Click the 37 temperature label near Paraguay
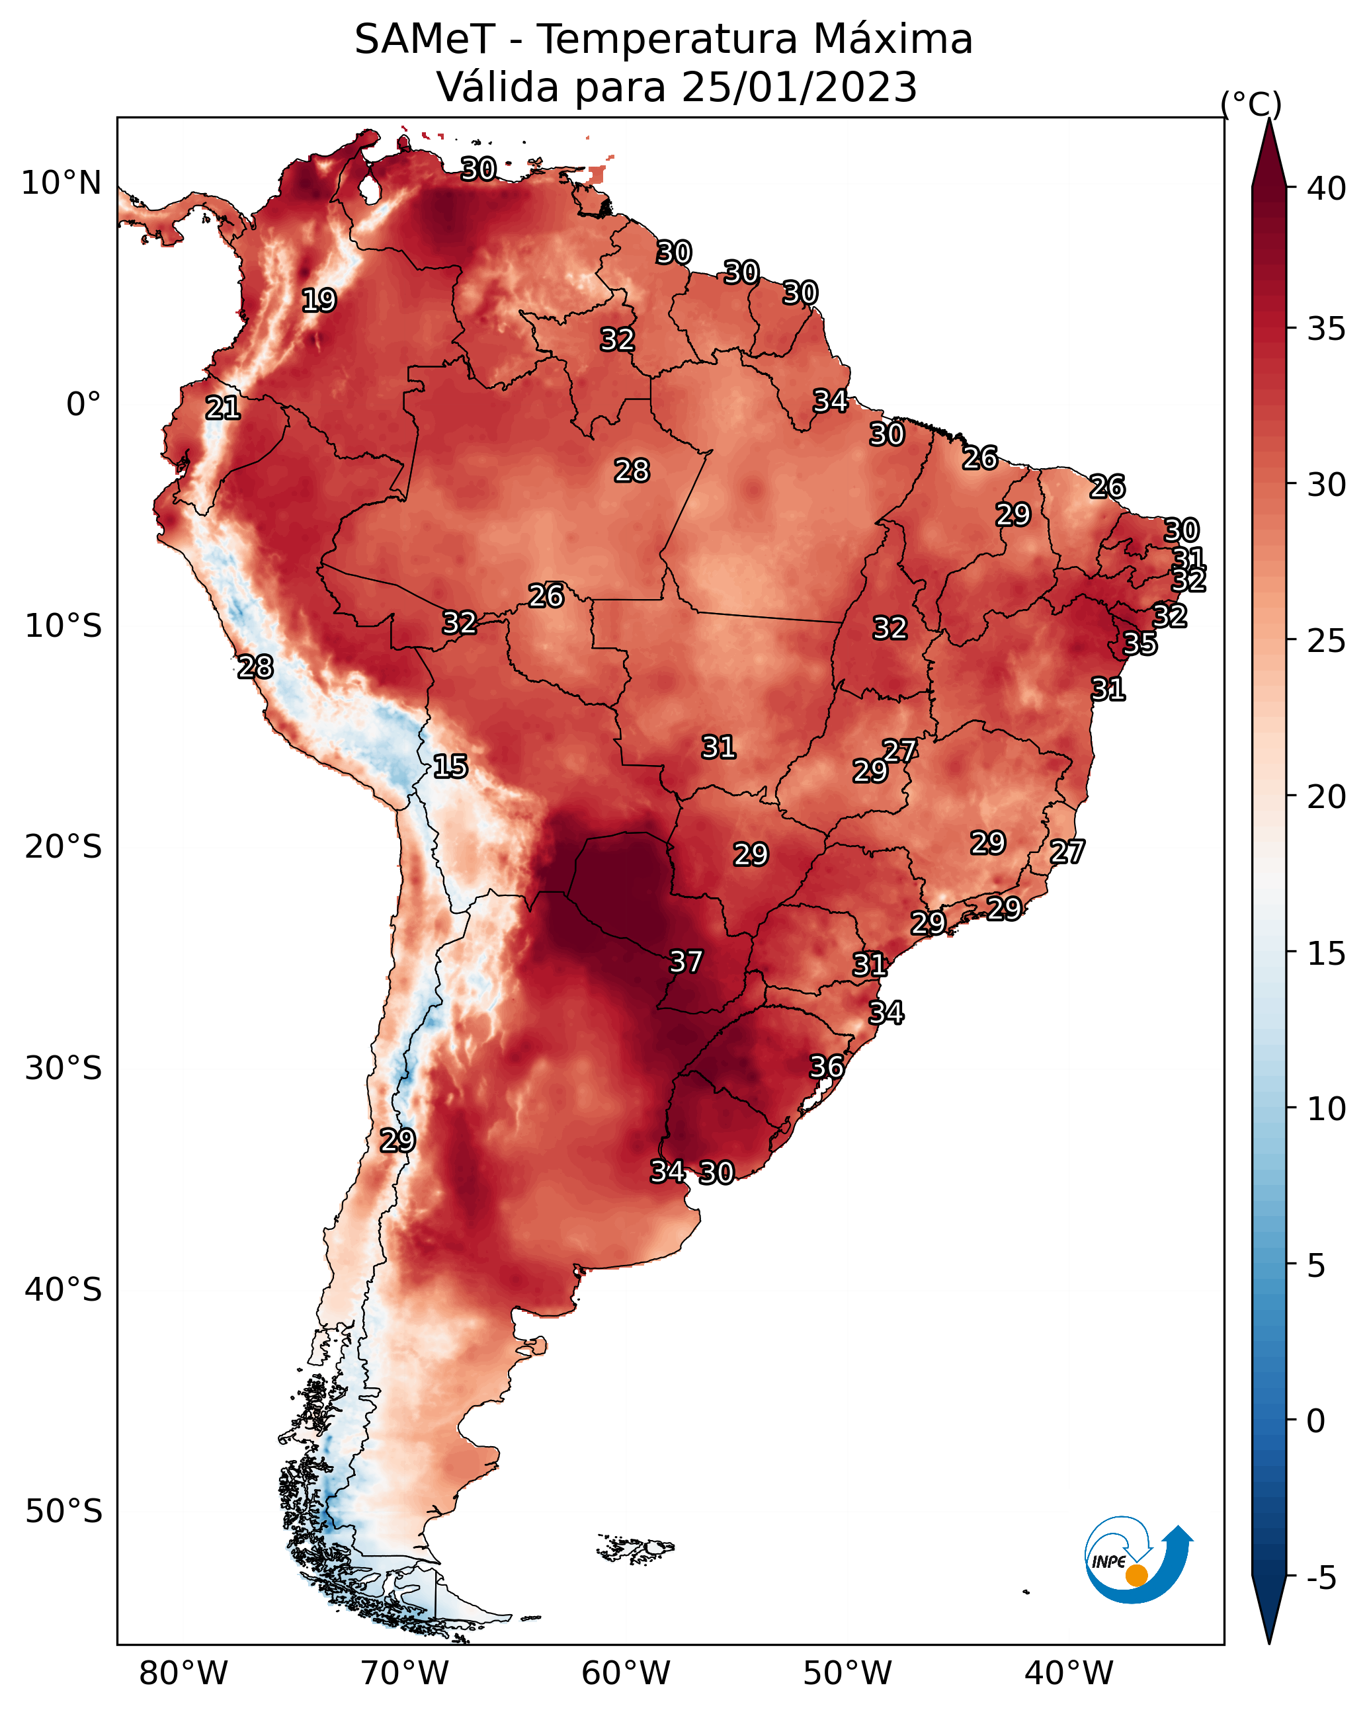(x=686, y=962)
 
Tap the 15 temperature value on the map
(x=450, y=766)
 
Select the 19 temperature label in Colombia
(x=319, y=301)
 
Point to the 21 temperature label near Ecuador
(x=223, y=408)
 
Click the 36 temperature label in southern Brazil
(x=827, y=1067)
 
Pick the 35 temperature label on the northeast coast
(x=1140, y=643)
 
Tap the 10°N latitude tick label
(x=61, y=183)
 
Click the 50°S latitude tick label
(x=63, y=1512)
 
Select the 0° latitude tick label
(x=84, y=405)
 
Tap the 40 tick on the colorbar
(x=1327, y=188)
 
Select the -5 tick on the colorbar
(x=1322, y=1578)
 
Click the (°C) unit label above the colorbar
(x=1251, y=104)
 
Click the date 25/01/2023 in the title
(x=799, y=87)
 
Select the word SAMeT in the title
(x=425, y=40)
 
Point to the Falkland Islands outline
(x=635, y=1547)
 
